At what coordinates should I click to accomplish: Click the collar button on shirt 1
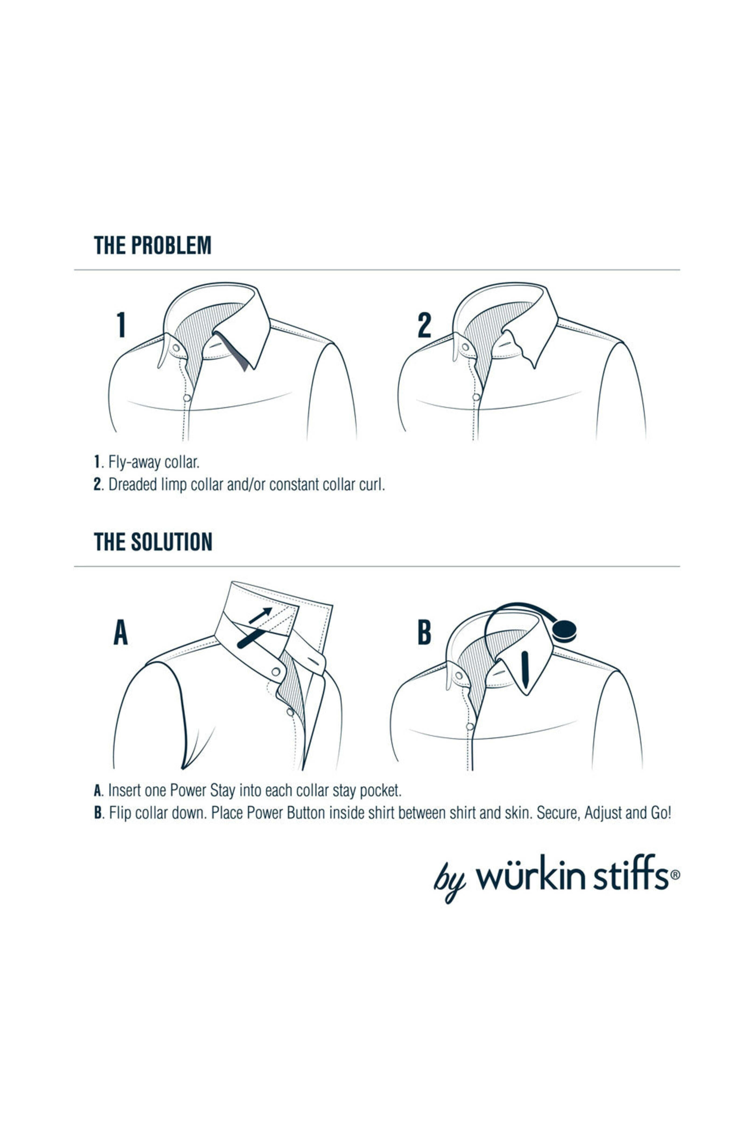click(x=176, y=347)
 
